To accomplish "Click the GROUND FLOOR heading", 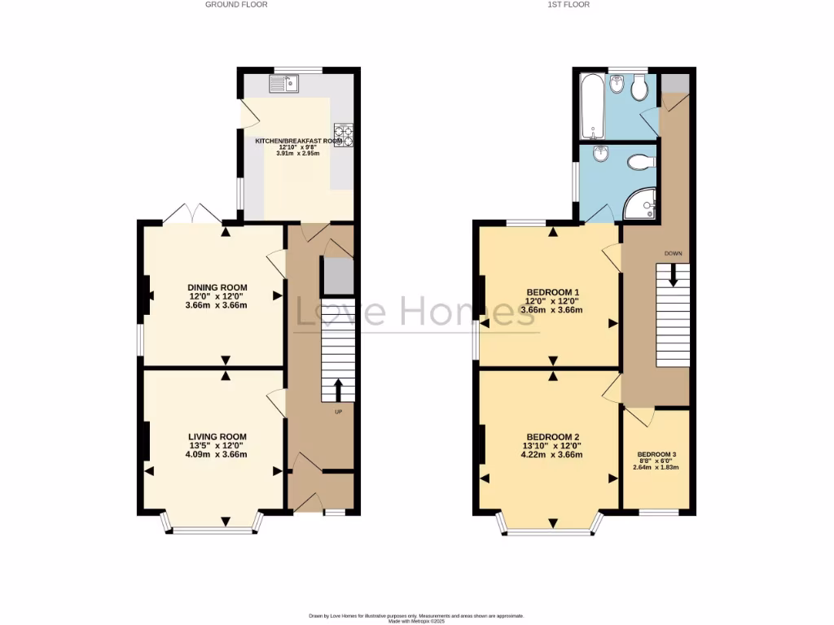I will pos(236,5).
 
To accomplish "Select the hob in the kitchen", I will pos(343,135).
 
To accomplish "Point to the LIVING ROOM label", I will pos(217,436).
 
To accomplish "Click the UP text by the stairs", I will pos(339,411).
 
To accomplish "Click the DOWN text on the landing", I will pos(673,253).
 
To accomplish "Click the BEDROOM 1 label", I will pos(553,292).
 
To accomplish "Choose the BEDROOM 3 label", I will pos(656,455).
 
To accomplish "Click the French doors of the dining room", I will pos(192,214).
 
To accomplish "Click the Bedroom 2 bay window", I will pos(551,531).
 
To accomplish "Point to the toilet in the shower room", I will pos(641,163).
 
